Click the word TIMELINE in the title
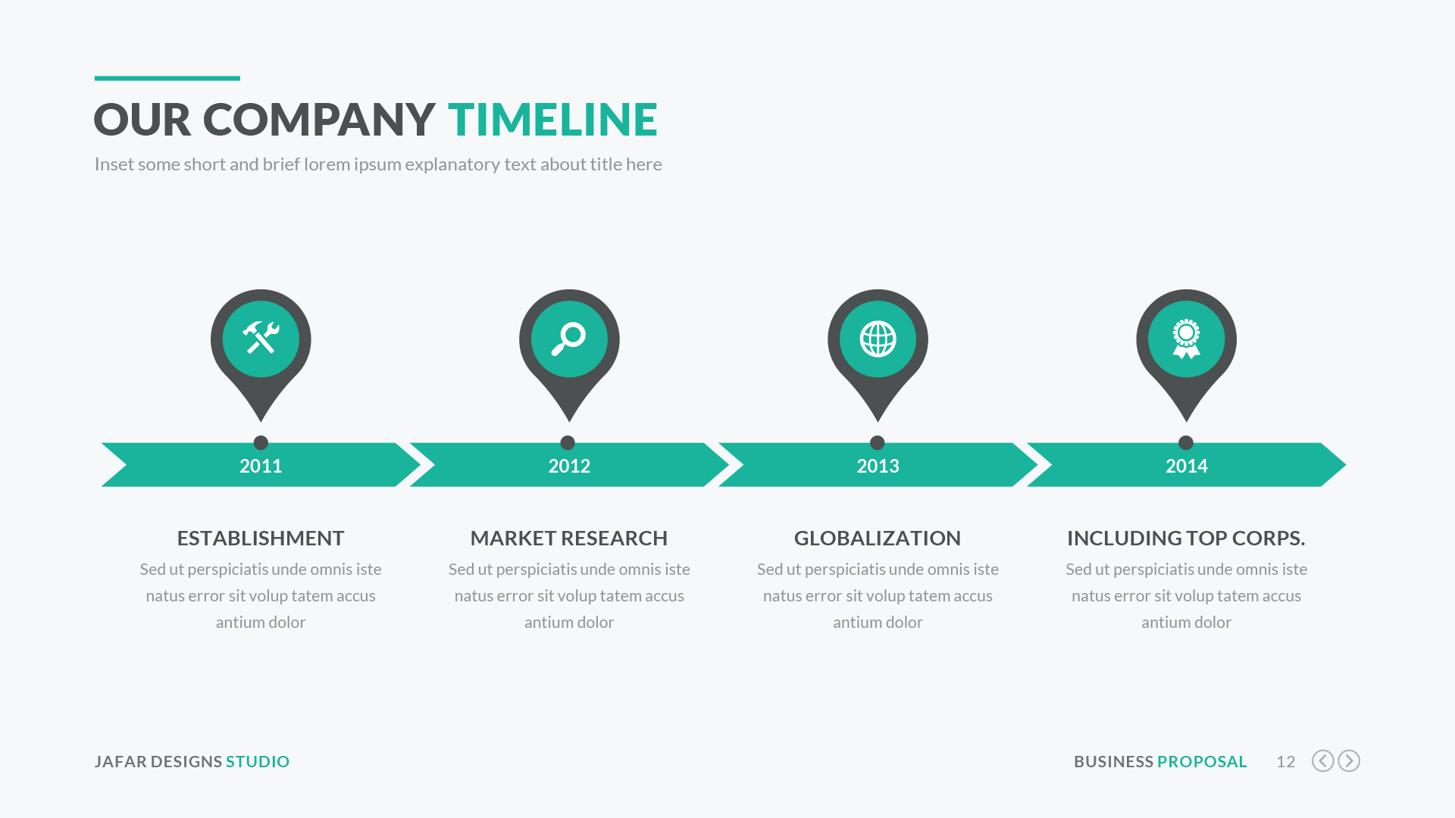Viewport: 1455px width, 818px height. [x=552, y=120]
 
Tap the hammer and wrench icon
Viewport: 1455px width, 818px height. [x=261, y=338]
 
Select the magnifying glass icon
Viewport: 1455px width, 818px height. [x=568, y=338]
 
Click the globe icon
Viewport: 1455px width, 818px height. [x=878, y=339]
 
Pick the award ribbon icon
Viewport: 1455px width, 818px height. [x=1186, y=339]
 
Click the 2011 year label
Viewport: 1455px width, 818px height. [x=261, y=466]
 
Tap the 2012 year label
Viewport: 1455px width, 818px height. [x=569, y=466]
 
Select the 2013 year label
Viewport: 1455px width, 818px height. [x=878, y=466]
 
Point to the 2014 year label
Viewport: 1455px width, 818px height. [x=1186, y=466]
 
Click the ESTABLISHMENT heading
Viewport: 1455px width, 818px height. [x=261, y=538]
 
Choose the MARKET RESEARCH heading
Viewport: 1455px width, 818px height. [x=569, y=538]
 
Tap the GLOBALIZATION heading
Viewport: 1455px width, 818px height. [x=878, y=538]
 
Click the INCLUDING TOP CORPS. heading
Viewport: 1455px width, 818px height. [x=1186, y=538]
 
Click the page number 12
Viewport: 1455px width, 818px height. [x=1285, y=761]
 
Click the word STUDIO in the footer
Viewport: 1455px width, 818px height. [x=258, y=761]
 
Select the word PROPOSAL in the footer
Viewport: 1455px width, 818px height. [x=1202, y=761]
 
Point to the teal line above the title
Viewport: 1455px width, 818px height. [x=167, y=78]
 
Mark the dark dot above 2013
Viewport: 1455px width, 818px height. [x=878, y=442]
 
